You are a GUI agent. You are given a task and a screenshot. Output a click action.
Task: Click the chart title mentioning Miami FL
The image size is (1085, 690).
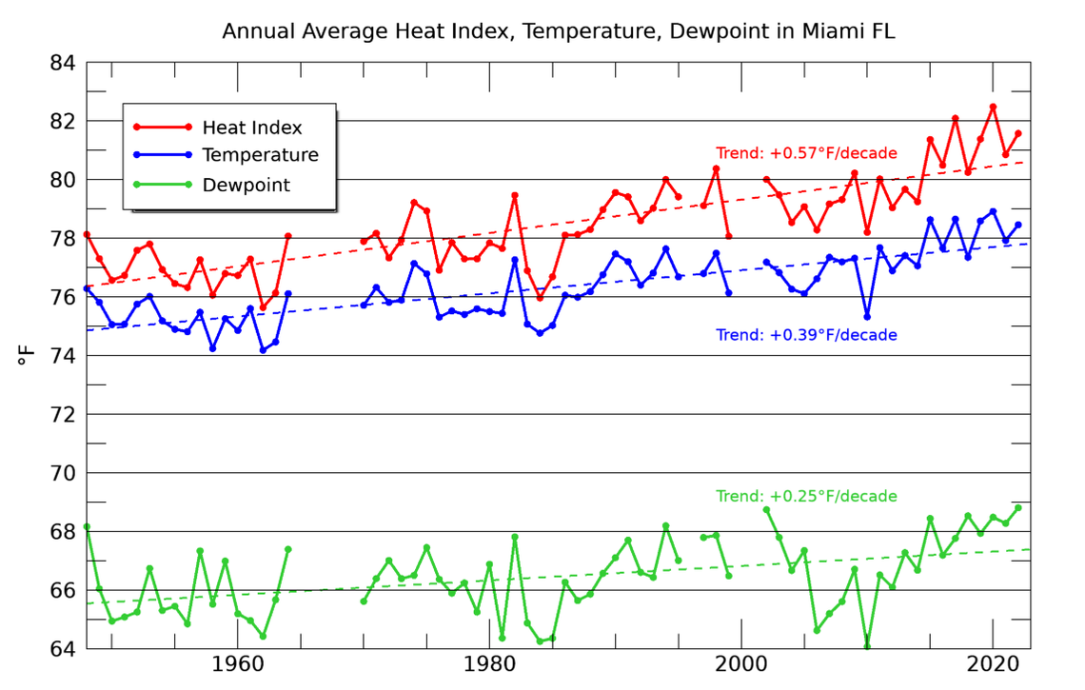tap(558, 31)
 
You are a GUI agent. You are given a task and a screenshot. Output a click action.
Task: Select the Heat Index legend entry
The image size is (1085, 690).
tap(251, 128)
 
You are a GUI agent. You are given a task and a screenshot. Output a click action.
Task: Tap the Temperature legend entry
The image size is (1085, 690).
tap(260, 155)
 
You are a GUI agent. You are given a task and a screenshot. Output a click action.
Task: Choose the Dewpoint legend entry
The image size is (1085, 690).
tap(246, 185)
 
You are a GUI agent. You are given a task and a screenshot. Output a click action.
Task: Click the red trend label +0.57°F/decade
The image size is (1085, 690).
tap(806, 152)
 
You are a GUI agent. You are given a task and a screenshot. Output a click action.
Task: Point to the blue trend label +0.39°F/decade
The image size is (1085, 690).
tap(806, 335)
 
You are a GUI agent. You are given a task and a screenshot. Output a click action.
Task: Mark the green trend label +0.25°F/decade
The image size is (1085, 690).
tap(806, 497)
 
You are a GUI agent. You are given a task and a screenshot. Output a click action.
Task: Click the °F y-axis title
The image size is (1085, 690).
tap(28, 356)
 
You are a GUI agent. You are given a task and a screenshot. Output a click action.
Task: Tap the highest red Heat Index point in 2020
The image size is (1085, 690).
tap(993, 107)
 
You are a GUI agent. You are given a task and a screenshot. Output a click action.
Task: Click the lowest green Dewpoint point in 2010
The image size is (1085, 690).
tap(867, 647)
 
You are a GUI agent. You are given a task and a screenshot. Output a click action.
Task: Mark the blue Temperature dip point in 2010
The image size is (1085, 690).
tap(867, 316)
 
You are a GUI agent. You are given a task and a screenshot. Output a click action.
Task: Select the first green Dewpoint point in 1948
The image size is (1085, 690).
tap(87, 526)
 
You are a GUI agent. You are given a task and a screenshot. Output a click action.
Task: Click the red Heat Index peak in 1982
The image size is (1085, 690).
tap(514, 195)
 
